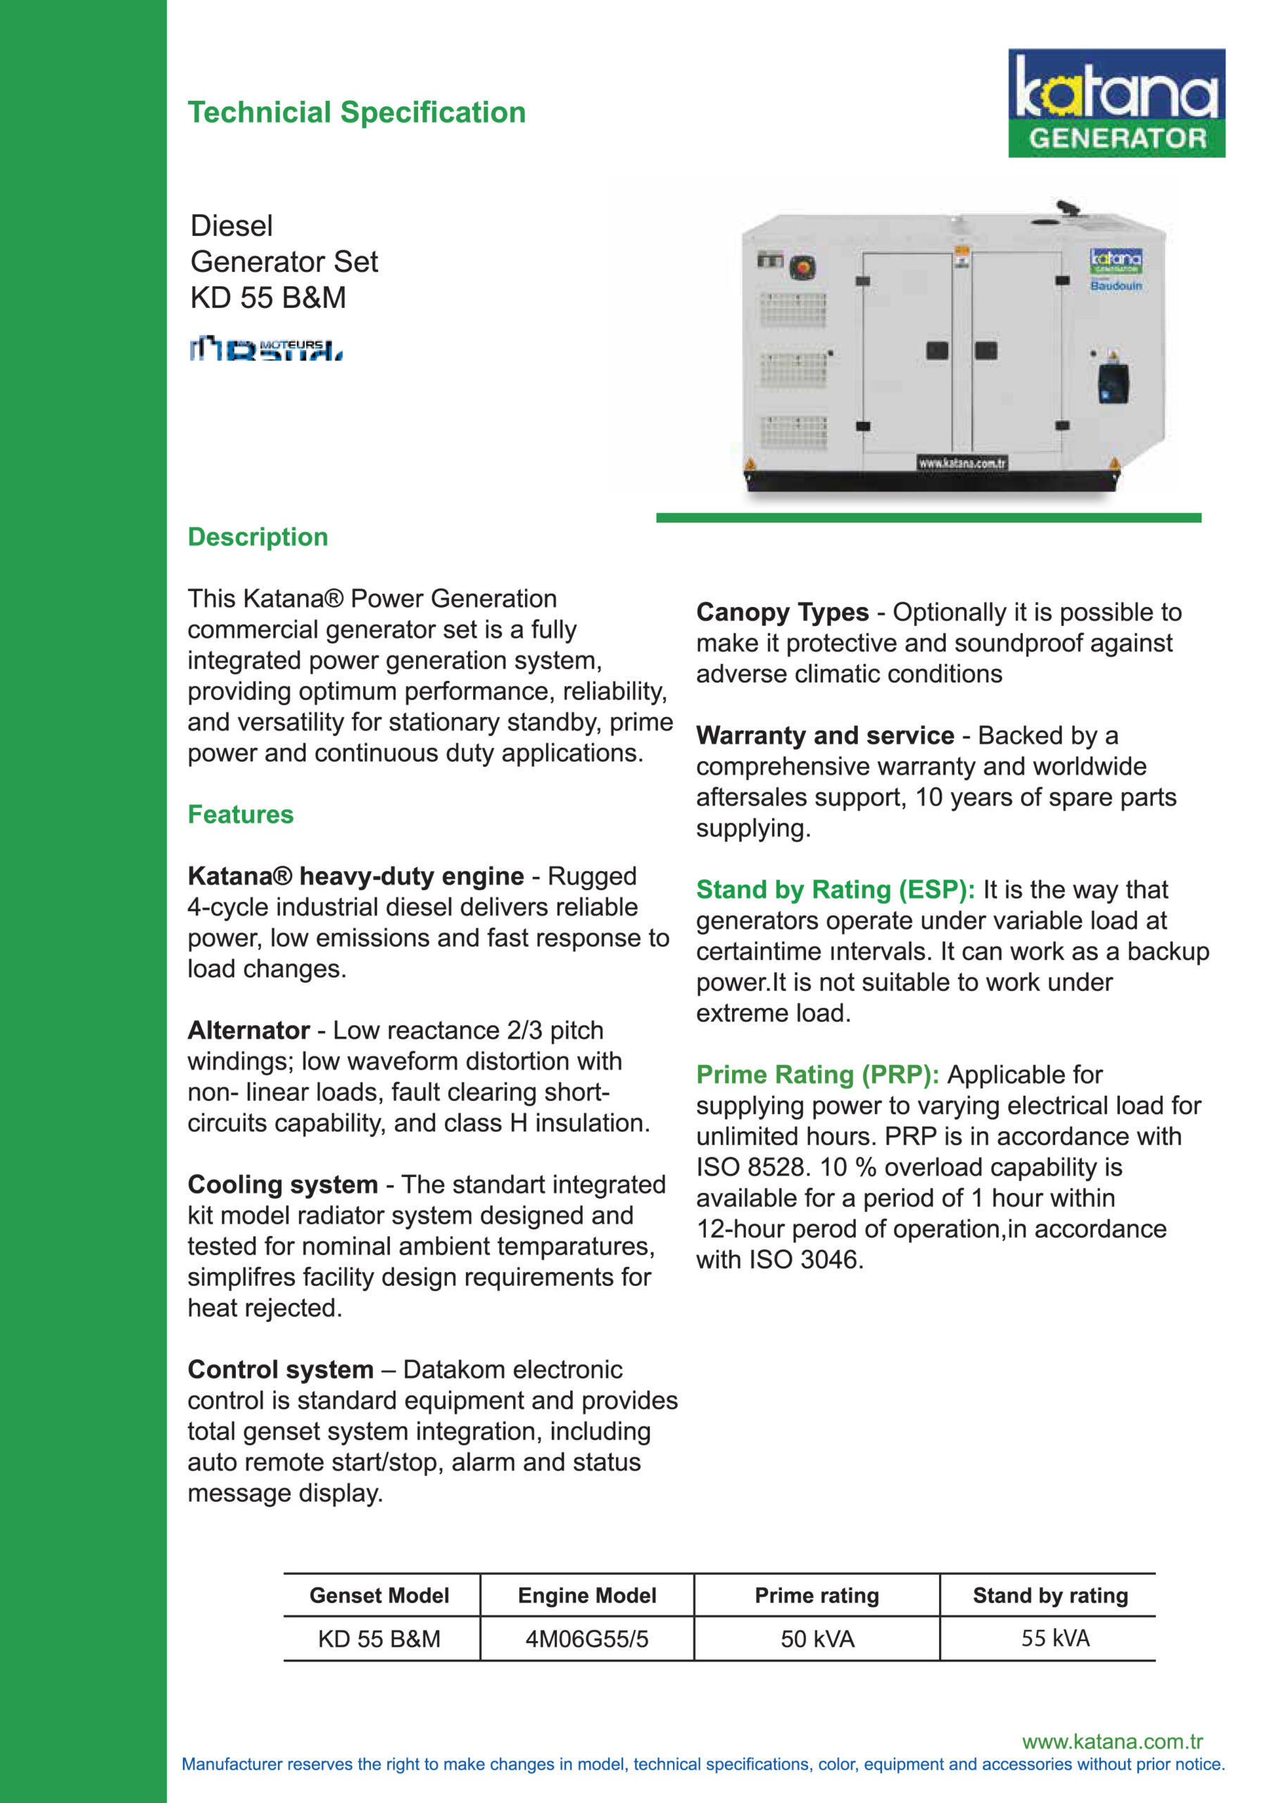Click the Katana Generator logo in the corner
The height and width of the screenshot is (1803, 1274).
[1116, 103]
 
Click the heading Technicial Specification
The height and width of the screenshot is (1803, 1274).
[356, 112]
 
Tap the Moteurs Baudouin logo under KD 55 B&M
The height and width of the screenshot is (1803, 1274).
[265, 348]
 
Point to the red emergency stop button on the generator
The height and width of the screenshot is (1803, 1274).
[802, 267]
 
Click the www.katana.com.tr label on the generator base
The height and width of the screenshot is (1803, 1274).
[961, 463]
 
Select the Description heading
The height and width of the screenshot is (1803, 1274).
[258, 537]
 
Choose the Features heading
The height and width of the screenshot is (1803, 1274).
[240, 814]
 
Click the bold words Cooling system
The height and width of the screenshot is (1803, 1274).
[282, 1184]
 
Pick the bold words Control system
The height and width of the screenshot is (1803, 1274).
[280, 1370]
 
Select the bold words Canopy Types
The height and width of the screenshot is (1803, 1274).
[782, 612]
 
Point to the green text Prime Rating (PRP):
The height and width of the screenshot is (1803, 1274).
[817, 1074]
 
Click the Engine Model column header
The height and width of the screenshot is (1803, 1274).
[587, 1596]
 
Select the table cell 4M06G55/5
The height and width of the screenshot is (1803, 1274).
[587, 1639]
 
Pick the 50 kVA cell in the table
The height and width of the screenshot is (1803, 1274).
[817, 1639]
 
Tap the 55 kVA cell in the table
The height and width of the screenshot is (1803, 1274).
[1055, 1638]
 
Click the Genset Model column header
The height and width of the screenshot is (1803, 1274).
[379, 1596]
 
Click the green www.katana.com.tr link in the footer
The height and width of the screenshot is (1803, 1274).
[1111, 1742]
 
